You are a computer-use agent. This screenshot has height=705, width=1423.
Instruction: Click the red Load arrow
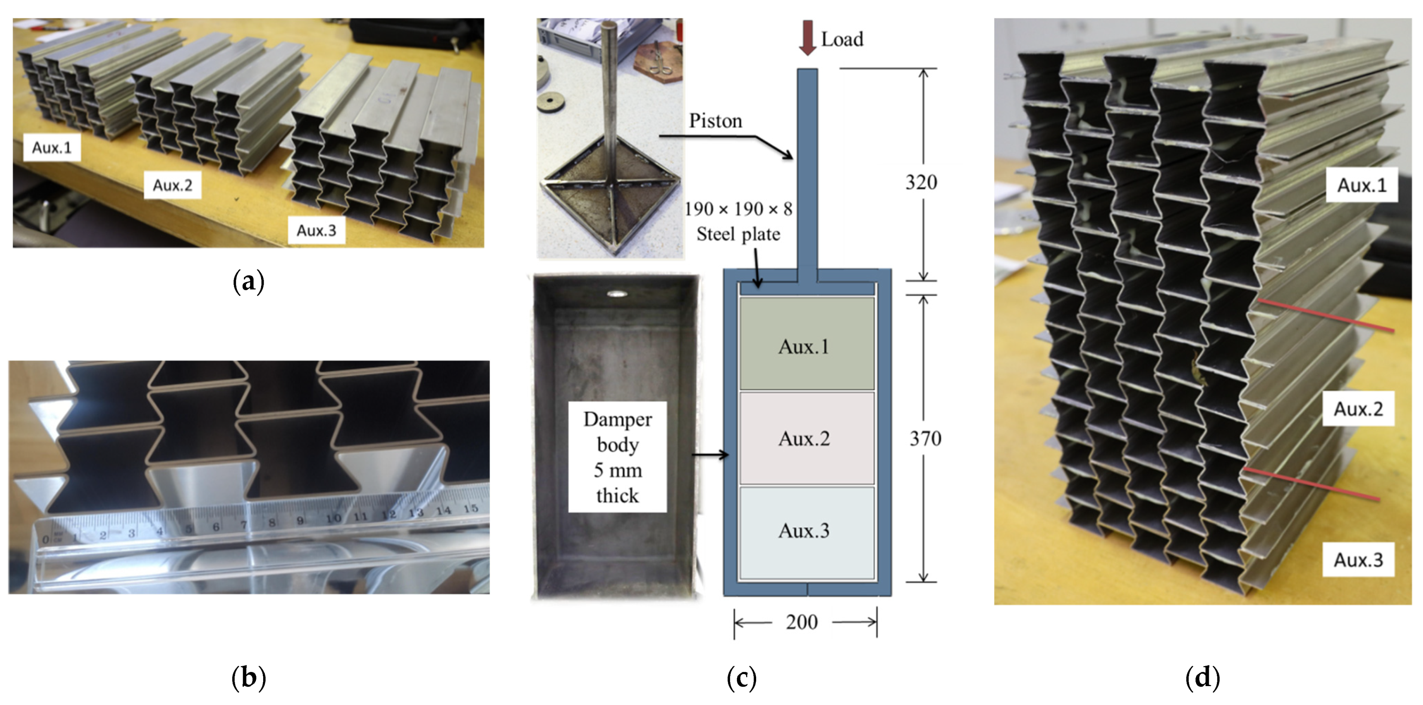click(x=808, y=37)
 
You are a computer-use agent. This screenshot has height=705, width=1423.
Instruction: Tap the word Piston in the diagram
click(x=715, y=121)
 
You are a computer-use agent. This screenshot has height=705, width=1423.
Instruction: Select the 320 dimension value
click(x=921, y=182)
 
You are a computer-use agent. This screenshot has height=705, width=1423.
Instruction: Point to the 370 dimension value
click(x=925, y=439)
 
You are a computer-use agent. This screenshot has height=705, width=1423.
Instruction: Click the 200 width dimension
click(x=802, y=622)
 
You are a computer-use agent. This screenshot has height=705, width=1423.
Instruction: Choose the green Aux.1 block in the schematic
click(x=806, y=344)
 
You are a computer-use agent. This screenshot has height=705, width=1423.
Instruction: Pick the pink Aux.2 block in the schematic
click(x=806, y=438)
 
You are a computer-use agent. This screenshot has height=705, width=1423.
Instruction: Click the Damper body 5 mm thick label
click(x=617, y=457)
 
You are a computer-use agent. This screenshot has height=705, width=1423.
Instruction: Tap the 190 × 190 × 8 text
click(x=738, y=209)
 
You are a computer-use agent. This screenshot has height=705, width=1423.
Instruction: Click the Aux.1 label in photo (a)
click(x=52, y=147)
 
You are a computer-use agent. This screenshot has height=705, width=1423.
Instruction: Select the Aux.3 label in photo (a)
click(x=316, y=230)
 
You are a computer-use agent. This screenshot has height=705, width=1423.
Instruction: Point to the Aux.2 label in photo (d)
click(x=1358, y=409)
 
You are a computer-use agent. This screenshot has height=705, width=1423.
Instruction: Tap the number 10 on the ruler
click(x=333, y=518)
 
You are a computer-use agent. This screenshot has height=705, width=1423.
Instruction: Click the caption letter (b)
click(x=249, y=678)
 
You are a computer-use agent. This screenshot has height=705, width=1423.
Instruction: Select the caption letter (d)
click(x=1203, y=678)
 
